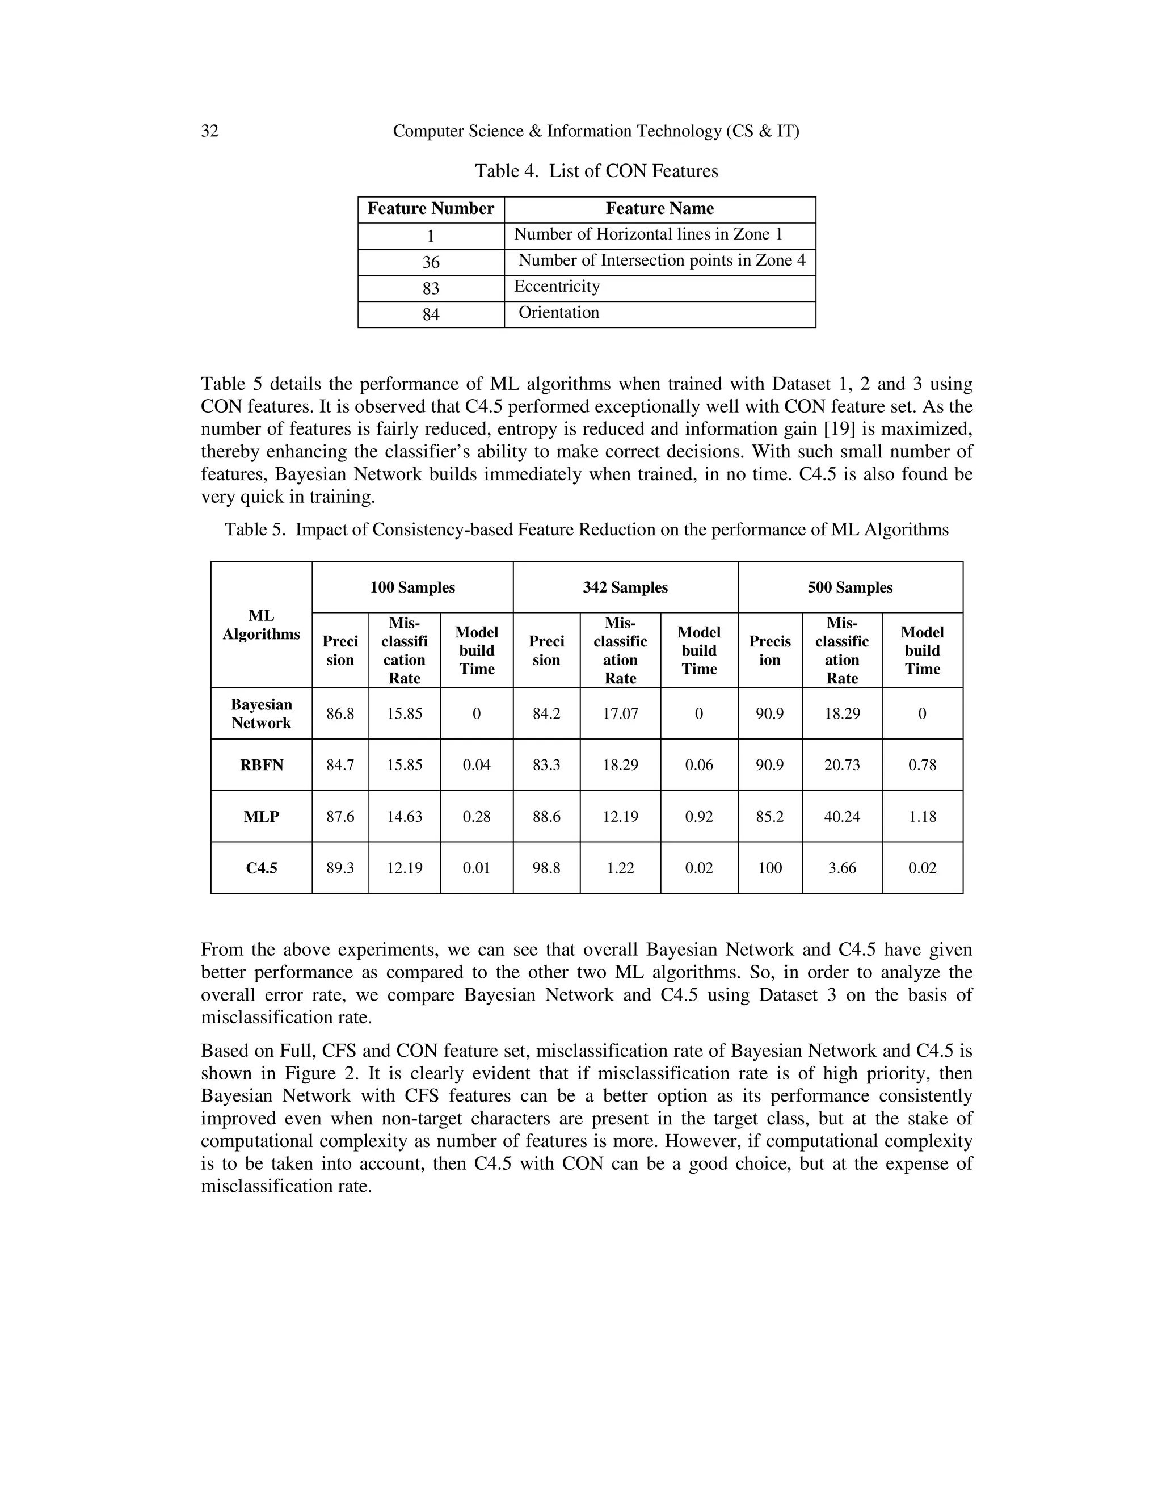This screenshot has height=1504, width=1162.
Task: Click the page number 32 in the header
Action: tap(209, 131)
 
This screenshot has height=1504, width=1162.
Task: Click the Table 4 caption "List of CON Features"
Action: tap(596, 171)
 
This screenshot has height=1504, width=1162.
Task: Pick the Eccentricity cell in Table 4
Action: tap(557, 287)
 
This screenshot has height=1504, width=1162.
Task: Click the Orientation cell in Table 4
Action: tap(558, 313)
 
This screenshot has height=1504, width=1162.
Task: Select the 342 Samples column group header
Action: tap(625, 587)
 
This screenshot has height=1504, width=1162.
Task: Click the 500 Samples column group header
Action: tap(849, 587)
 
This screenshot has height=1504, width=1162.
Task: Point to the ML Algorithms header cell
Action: tap(261, 625)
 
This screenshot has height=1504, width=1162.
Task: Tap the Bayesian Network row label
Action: tap(261, 713)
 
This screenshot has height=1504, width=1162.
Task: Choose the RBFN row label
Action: tap(261, 765)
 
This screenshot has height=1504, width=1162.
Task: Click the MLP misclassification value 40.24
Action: tap(842, 817)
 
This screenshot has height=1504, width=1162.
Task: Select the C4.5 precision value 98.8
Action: tap(546, 868)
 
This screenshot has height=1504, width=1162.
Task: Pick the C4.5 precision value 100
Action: tap(769, 868)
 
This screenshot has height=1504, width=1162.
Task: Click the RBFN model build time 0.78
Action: tap(922, 765)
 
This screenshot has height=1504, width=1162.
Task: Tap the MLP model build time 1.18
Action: tap(922, 817)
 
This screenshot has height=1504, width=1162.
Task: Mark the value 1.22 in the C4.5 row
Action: tap(620, 868)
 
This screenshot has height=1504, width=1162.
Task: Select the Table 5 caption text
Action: tap(587, 530)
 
